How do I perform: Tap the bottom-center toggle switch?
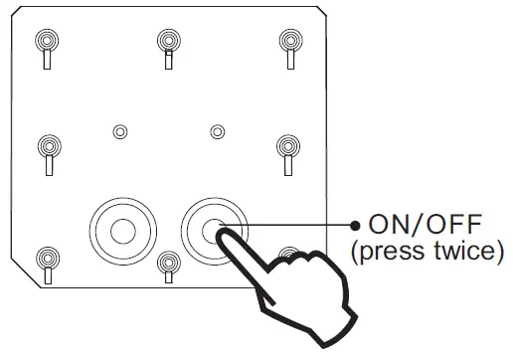(x=166, y=265)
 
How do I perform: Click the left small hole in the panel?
(x=120, y=131)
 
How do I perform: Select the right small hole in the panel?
(x=217, y=131)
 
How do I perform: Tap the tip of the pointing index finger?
(x=224, y=237)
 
